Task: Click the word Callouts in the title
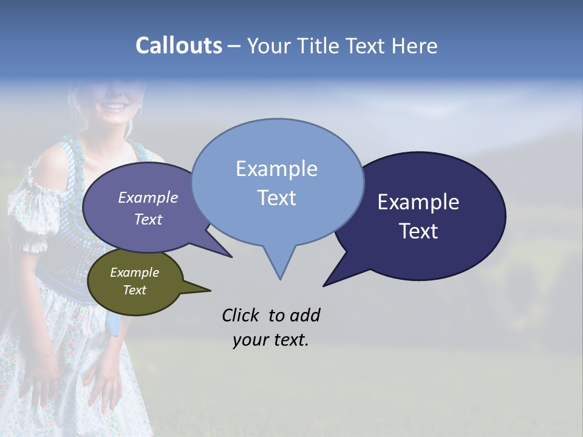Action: pyautogui.click(x=179, y=46)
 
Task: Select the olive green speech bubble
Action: pyautogui.click(x=135, y=282)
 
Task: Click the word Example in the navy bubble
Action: pyautogui.click(x=418, y=202)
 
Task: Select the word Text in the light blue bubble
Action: pyautogui.click(x=276, y=198)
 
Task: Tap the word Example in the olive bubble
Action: pyautogui.click(x=135, y=273)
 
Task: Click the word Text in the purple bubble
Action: pyautogui.click(x=148, y=219)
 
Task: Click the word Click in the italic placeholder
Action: pyautogui.click(x=240, y=315)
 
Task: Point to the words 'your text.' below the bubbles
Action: pyautogui.click(x=271, y=339)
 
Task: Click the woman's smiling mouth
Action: pyautogui.click(x=114, y=107)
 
